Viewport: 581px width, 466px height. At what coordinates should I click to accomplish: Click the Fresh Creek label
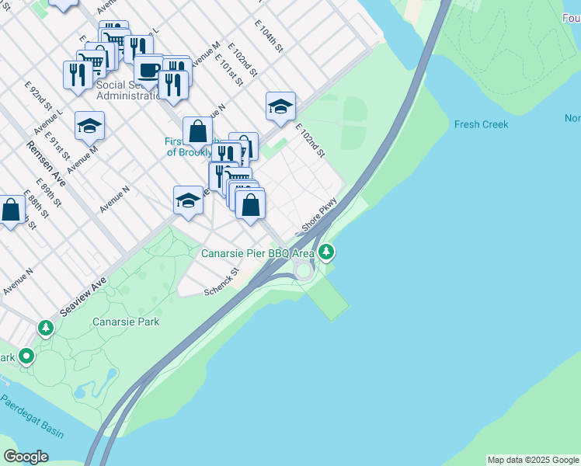[x=482, y=124]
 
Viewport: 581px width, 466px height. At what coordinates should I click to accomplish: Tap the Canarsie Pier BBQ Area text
[x=258, y=253]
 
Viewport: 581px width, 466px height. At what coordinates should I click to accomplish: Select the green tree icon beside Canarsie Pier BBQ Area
[x=327, y=252]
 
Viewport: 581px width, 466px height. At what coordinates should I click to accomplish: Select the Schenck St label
[x=220, y=283]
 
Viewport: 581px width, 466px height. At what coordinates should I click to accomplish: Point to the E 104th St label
[x=269, y=36]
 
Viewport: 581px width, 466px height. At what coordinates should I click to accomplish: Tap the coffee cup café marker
[x=148, y=69]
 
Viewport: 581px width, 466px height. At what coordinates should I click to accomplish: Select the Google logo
[x=26, y=457]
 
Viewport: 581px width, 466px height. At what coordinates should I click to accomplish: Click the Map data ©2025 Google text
[x=533, y=460]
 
